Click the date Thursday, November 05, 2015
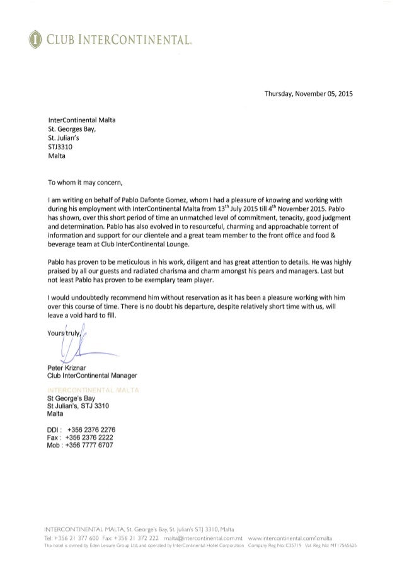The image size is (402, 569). tap(306, 95)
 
